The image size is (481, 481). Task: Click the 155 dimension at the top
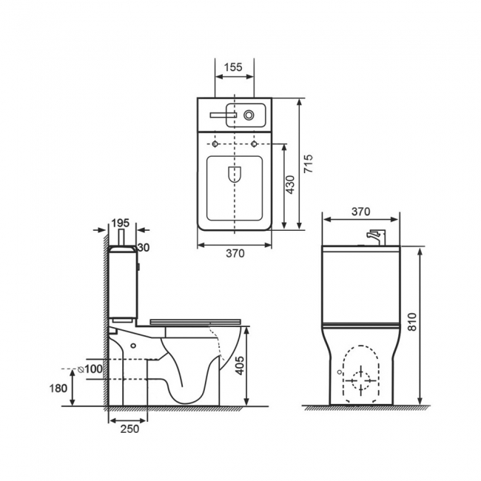point(233,67)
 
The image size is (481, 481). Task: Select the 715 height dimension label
point(309,164)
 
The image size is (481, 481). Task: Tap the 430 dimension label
point(290,185)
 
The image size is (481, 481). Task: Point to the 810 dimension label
point(413,321)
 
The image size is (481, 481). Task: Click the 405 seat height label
point(240,366)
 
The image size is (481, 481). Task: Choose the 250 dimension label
point(129,429)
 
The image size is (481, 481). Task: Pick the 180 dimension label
point(58,388)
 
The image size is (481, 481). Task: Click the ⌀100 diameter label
point(90,369)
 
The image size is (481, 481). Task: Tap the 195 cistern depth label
point(120,223)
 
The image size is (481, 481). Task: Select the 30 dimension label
point(144,247)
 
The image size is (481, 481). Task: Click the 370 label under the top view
point(235,253)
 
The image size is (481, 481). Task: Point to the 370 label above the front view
point(361,212)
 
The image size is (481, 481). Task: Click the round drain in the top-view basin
point(249,115)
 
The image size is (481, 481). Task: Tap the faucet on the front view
point(376,238)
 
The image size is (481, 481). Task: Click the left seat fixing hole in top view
point(215,144)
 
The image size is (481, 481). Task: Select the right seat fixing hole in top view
point(254,144)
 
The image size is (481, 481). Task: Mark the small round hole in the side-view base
point(133,346)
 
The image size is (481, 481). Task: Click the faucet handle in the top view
point(223,115)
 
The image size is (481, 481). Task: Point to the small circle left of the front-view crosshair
point(339,371)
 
